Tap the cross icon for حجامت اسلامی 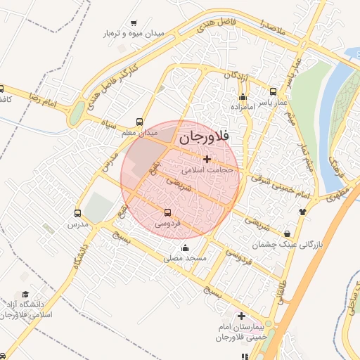[x=206, y=160]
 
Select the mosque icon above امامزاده [x=243, y=97]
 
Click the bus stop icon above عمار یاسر [x=274, y=91]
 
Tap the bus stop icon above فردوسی [x=167, y=212]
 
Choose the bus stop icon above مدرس [x=77, y=213]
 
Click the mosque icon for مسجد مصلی [x=185, y=247]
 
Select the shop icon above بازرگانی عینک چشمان [x=287, y=233]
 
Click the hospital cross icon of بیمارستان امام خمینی [x=242, y=316]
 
